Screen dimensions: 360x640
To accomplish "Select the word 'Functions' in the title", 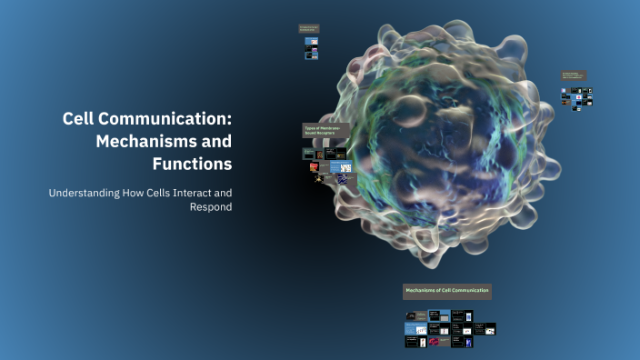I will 193,165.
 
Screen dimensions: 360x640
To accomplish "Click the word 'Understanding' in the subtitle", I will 87,193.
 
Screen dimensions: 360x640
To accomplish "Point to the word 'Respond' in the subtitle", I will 211,207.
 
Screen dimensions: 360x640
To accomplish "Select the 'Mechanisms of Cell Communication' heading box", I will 446,291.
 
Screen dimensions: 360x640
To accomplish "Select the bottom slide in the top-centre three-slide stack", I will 311,56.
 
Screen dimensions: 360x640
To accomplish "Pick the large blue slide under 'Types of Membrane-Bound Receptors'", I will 341,167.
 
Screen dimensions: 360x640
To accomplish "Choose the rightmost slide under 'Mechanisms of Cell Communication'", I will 489,329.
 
